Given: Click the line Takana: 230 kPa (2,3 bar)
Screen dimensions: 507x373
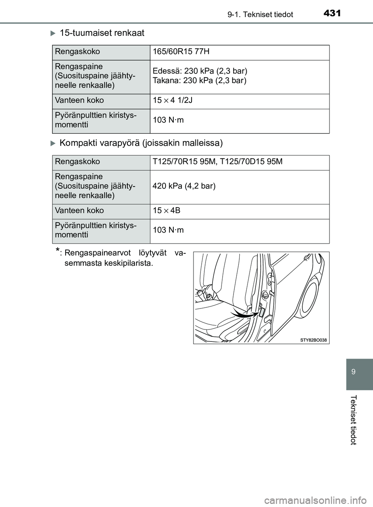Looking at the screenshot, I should (x=199, y=81).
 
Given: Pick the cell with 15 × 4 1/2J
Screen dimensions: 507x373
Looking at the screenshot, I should (x=173, y=101).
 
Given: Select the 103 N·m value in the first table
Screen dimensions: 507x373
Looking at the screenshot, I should (x=168, y=120).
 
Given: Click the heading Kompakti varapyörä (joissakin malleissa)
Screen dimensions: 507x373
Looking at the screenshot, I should (x=141, y=143).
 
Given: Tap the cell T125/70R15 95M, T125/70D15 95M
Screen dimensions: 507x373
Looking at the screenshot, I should (x=218, y=162).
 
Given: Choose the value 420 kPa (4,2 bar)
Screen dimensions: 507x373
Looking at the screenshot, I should (x=184, y=186).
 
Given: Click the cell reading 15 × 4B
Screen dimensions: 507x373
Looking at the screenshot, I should (x=166, y=211).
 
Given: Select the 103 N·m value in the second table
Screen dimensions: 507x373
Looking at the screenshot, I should (x=168, y=230).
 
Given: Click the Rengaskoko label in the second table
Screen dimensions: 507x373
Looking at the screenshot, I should (x=77, y=162).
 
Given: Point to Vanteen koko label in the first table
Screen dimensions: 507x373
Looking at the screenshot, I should (x=79, y=100).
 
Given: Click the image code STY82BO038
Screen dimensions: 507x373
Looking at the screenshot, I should (x=314, y=340).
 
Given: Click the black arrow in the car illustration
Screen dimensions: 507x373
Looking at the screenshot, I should (x=243, y=313).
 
